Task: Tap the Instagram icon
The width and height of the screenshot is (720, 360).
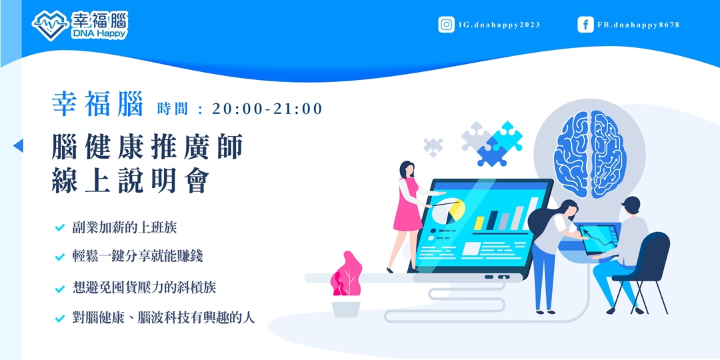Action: point(446,25)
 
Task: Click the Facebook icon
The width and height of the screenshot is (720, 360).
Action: point(585,25)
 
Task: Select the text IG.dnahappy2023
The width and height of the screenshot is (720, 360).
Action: point(499,25)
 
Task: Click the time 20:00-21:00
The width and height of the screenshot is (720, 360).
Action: point(267,109)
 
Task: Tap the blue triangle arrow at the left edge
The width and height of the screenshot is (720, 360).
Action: point(18,145)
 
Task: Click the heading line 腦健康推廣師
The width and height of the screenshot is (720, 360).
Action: point(147,147)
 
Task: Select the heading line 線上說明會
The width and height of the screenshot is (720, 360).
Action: point(131,181)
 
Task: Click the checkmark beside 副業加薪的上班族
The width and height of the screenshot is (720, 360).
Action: point(59,228)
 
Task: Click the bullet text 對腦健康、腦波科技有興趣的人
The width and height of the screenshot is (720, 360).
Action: point(163,317)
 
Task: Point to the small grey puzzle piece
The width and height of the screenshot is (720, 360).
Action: point(433,146)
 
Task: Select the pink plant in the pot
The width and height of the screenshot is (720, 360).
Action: point(345,275)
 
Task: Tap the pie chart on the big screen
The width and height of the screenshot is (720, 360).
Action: point(454,213)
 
